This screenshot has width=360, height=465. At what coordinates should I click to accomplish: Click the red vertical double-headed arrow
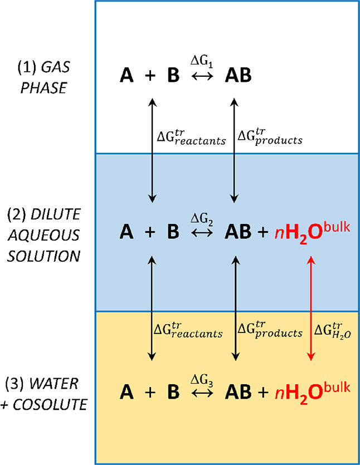click(310, 310)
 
